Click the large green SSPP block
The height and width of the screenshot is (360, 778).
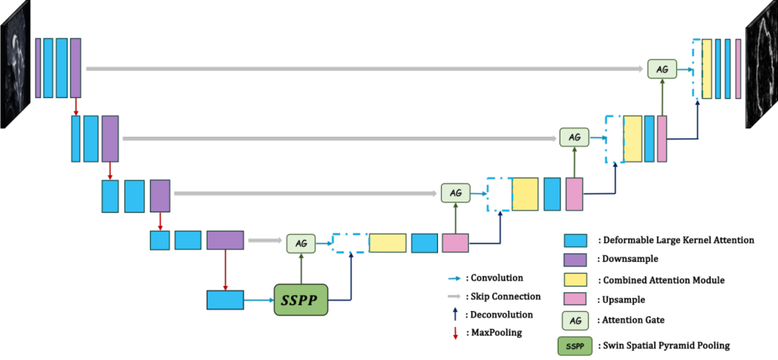point(301,300)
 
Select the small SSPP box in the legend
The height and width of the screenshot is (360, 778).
point(575,346)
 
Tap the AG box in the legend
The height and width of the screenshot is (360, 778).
point(575,320)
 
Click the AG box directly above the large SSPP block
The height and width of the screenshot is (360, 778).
point(301,243)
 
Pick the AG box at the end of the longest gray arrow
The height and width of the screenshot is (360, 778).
point(662,69)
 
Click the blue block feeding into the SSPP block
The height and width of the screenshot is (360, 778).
point(225,300)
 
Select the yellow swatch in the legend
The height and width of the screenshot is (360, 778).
point(575,279)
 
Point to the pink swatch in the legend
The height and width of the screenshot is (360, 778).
point(575,298)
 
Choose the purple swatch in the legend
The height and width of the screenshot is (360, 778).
point(575,260)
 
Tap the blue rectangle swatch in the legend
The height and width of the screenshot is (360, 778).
point(575,240)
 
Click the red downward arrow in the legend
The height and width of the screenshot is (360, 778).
point(455,333)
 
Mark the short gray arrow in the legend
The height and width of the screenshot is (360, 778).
point(454,296)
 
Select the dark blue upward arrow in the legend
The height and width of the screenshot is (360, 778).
point(455,314)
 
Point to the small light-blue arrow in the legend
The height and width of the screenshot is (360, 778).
point(454,278)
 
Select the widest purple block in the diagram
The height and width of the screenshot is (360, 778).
point(225,240)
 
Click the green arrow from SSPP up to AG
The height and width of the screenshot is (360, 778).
point(301,268)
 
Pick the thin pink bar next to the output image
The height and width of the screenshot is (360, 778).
point(738,68)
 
